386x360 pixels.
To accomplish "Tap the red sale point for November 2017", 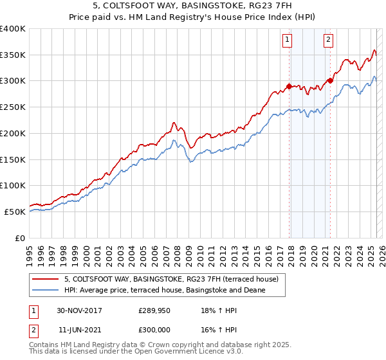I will click(289, 85).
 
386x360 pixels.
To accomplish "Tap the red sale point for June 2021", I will click(330, 80).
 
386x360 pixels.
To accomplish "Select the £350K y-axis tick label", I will click(13, 55).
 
